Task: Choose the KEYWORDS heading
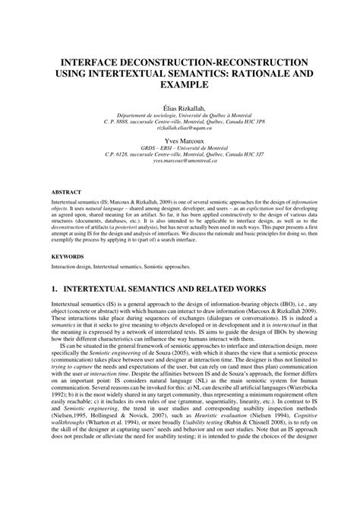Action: click(x=69, y=258)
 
